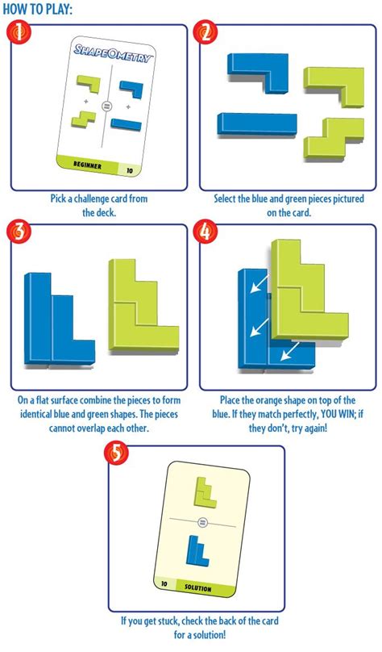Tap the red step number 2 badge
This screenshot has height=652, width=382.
[x=207, y=32]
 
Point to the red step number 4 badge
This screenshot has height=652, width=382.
[x=207, y=232]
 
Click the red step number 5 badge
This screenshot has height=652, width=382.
[x=117, y=453]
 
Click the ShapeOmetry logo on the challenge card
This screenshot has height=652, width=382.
[x=111, y=52]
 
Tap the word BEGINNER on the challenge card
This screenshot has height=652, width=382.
[x=87, y=165]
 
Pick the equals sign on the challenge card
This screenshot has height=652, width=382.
[x=106, y=107]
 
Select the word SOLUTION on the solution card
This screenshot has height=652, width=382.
[x=198, y=588]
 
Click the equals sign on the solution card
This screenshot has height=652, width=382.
[x=203, y=521]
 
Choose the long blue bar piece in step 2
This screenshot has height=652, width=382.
[x=257, y=124]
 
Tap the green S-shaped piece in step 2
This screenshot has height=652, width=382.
[x=334, y=138]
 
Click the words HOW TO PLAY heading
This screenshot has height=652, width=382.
[x=37, y=9]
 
